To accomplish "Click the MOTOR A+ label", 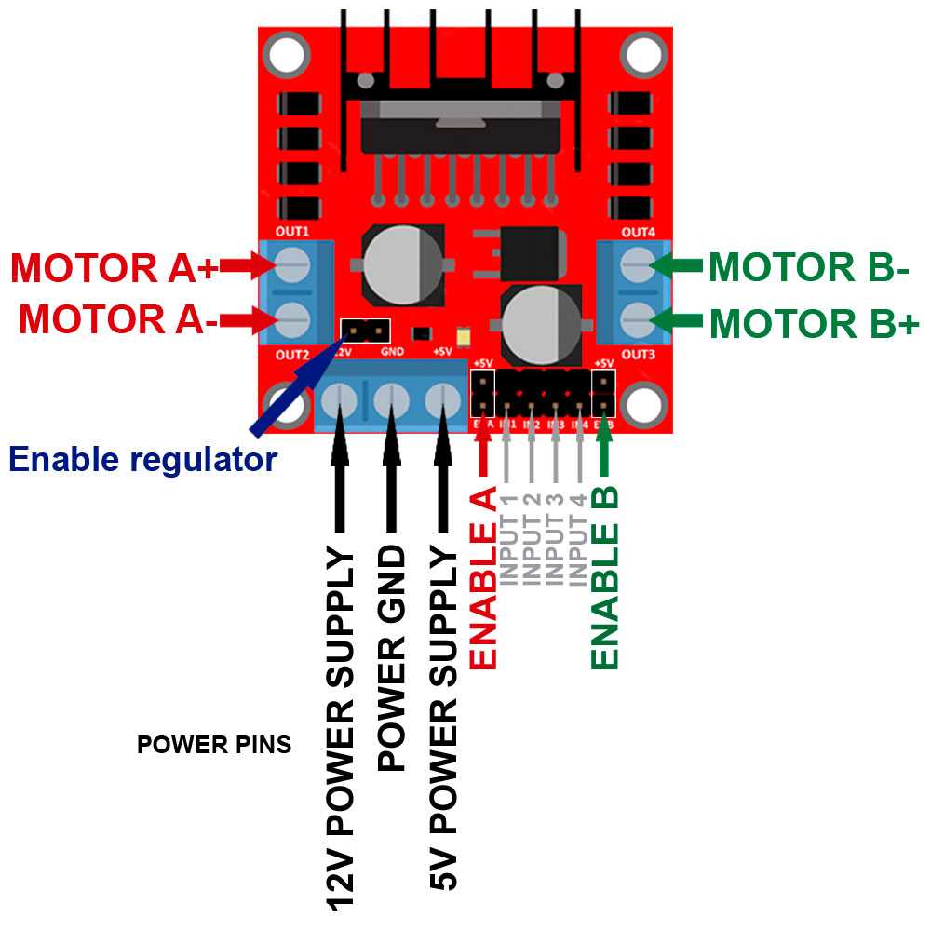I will (114, 268).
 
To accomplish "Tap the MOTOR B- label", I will (808, 268).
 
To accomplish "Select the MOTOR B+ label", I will (814, 325).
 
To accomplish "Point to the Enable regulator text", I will (142, 458).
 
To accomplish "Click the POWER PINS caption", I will (213, 745).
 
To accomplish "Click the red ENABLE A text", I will (484, 583).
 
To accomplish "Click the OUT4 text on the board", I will (638, 231).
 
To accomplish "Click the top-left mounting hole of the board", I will (287, 55).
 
